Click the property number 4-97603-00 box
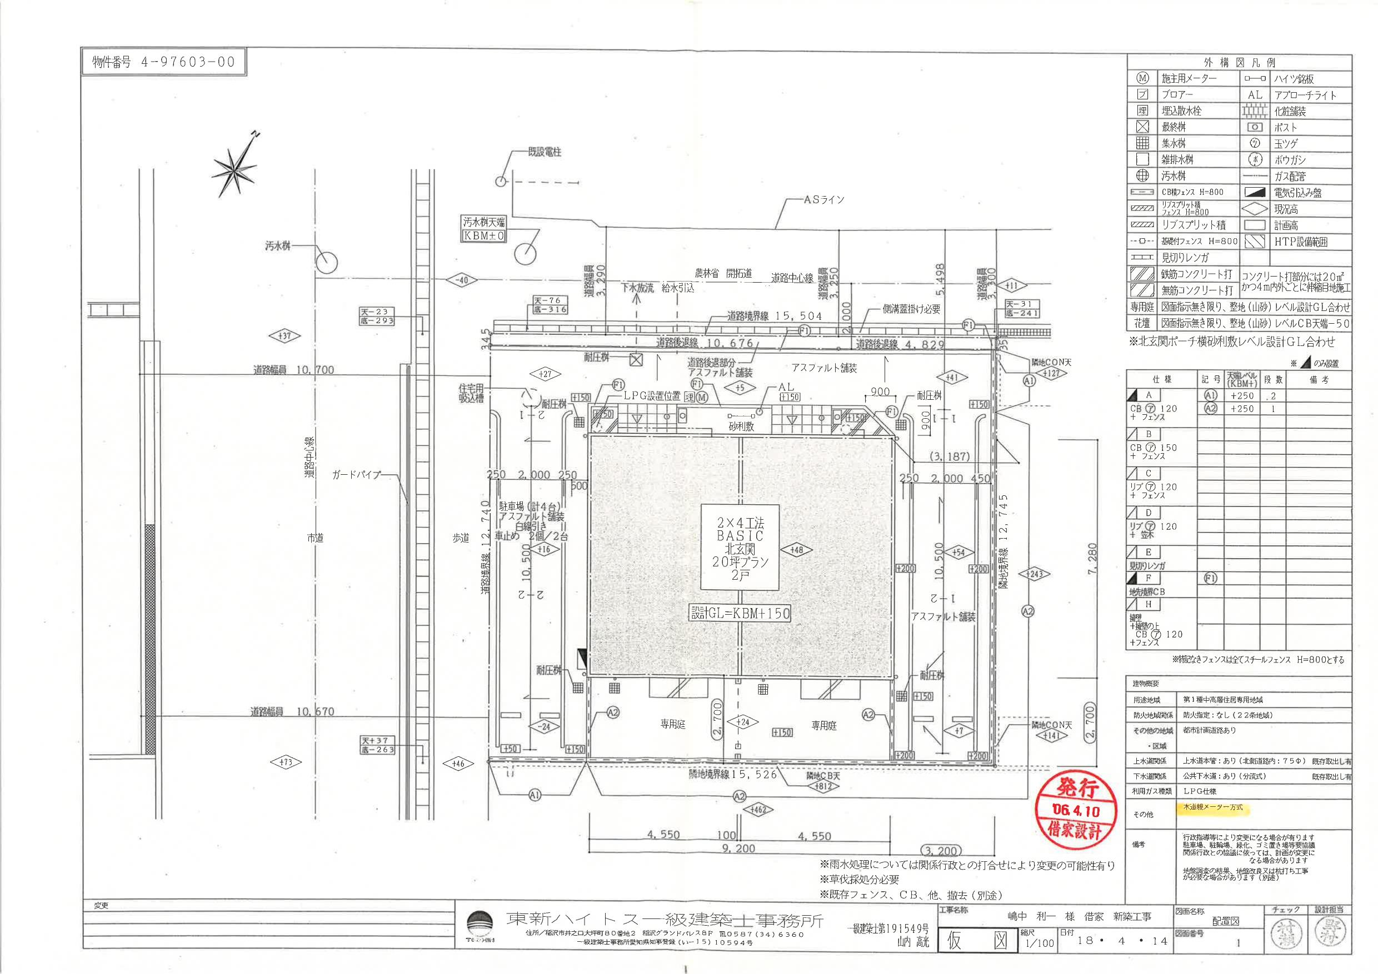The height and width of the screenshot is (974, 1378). pyautogui.click(x=163, y=62)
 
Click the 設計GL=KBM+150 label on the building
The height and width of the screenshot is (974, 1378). pyautogui.click(x=740, y=613)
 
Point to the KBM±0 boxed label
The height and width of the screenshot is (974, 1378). pyautogui.click(x=484, y=235)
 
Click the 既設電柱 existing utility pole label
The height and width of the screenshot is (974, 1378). pyautogui.click(x=544, y=152)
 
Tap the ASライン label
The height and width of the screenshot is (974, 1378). pyautogui.click(x=823, y=200)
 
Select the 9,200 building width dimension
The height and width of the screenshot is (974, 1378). pyautogui.click(x=738, y=849)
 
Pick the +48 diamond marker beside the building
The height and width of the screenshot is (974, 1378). pyautogui.click(x=797, y=550)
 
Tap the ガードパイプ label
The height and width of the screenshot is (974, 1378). pyautogui.click(x=356, y=474)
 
